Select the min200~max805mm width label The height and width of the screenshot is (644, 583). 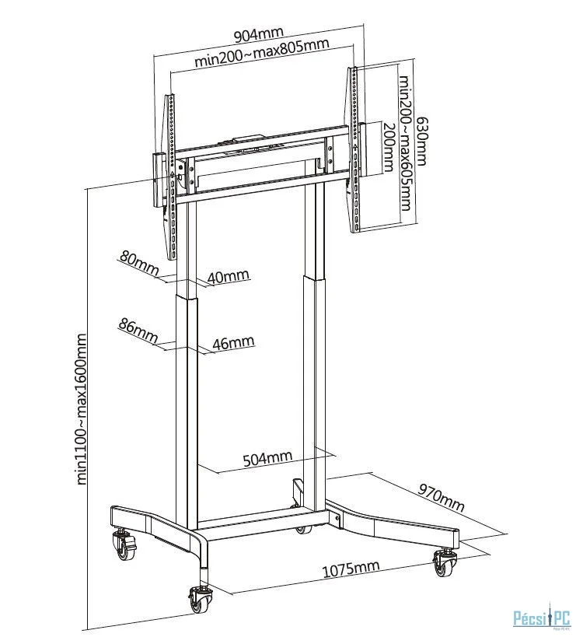click(261, 53)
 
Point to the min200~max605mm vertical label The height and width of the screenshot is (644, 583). click(406, 142)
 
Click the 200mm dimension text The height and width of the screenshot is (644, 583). click(389, 148)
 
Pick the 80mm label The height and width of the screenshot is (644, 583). click(139, 263)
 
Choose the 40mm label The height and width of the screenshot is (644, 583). click(229, 276)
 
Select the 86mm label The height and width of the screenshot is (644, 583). click(138, 331)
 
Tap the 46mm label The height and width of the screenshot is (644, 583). click(234, 342)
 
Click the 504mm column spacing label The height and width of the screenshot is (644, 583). click(267, 458)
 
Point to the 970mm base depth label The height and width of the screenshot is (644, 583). click(442, 497)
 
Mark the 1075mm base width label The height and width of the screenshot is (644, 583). click(351, 569)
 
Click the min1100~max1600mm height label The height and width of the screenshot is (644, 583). click(82, 409)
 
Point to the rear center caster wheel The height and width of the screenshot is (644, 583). click(303, 530)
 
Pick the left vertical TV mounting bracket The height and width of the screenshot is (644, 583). click(171, 177)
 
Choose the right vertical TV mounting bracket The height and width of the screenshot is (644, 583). click(354, 149)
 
